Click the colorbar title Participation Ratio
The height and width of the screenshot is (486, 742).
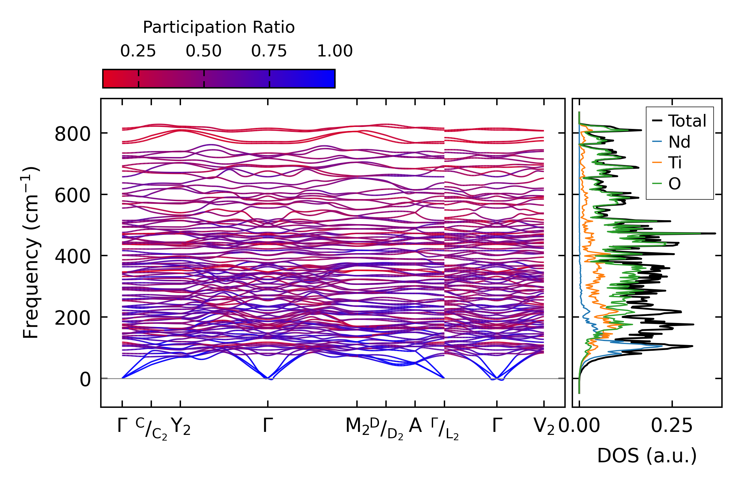pyautogui.click(x=219, y=27)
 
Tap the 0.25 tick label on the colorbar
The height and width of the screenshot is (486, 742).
pyautogui.click(x=138, y=51)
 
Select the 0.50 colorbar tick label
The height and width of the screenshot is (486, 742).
pyautogui.click(x=203, y=51)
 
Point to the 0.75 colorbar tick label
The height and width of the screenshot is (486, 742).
pyautogui.click(x=269, y=51)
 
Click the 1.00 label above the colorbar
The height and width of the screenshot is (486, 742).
pyautogui.click(x=335, y=51)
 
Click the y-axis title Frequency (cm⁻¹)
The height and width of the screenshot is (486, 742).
pyautogui.click(x=31, y=253)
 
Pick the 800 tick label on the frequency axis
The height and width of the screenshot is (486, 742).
pyautogui.click(x=72, y=134)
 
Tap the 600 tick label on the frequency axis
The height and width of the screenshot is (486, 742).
pyautogui.click(x=72, y=195)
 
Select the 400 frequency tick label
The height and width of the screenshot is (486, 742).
pyautogui.click(x=72, y=257)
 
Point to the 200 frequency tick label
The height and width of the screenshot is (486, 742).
pyautogui.click(x=72, y=318)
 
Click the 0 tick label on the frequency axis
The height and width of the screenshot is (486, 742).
pyautogui.click(x=85, y=379)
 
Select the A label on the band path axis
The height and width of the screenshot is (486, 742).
pyautogui.click(x=415, y=426)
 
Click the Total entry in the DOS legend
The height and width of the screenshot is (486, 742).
pyautogui.click(x=687, y=121)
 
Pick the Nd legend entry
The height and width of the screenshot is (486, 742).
pyautogui.click(x=679, y=142)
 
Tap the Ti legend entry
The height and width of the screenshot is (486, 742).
pyautogui.click(x=675, y=163)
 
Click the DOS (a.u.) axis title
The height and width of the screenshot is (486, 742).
pyautogui.click(x=647, y=456)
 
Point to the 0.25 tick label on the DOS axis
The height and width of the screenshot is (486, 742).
pyautogui.click(x=672, y=426)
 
